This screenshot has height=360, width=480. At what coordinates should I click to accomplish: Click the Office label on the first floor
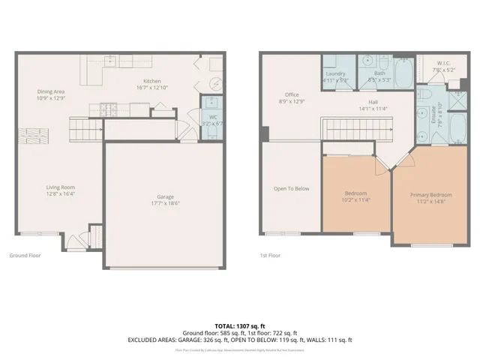click(x=292, y=94)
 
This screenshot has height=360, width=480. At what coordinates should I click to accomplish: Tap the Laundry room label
click(x=335, y=73)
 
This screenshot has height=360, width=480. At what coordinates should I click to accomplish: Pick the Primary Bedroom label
click(x=430, y=194)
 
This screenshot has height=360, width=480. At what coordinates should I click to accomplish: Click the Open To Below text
click(x=291, y=188)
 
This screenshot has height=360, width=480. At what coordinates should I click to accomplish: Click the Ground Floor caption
click(x=25, y=255)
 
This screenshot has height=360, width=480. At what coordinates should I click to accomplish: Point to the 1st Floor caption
click(x=271, y=255)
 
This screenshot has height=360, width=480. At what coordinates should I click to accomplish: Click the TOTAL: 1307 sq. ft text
click(x=241, y=325)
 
